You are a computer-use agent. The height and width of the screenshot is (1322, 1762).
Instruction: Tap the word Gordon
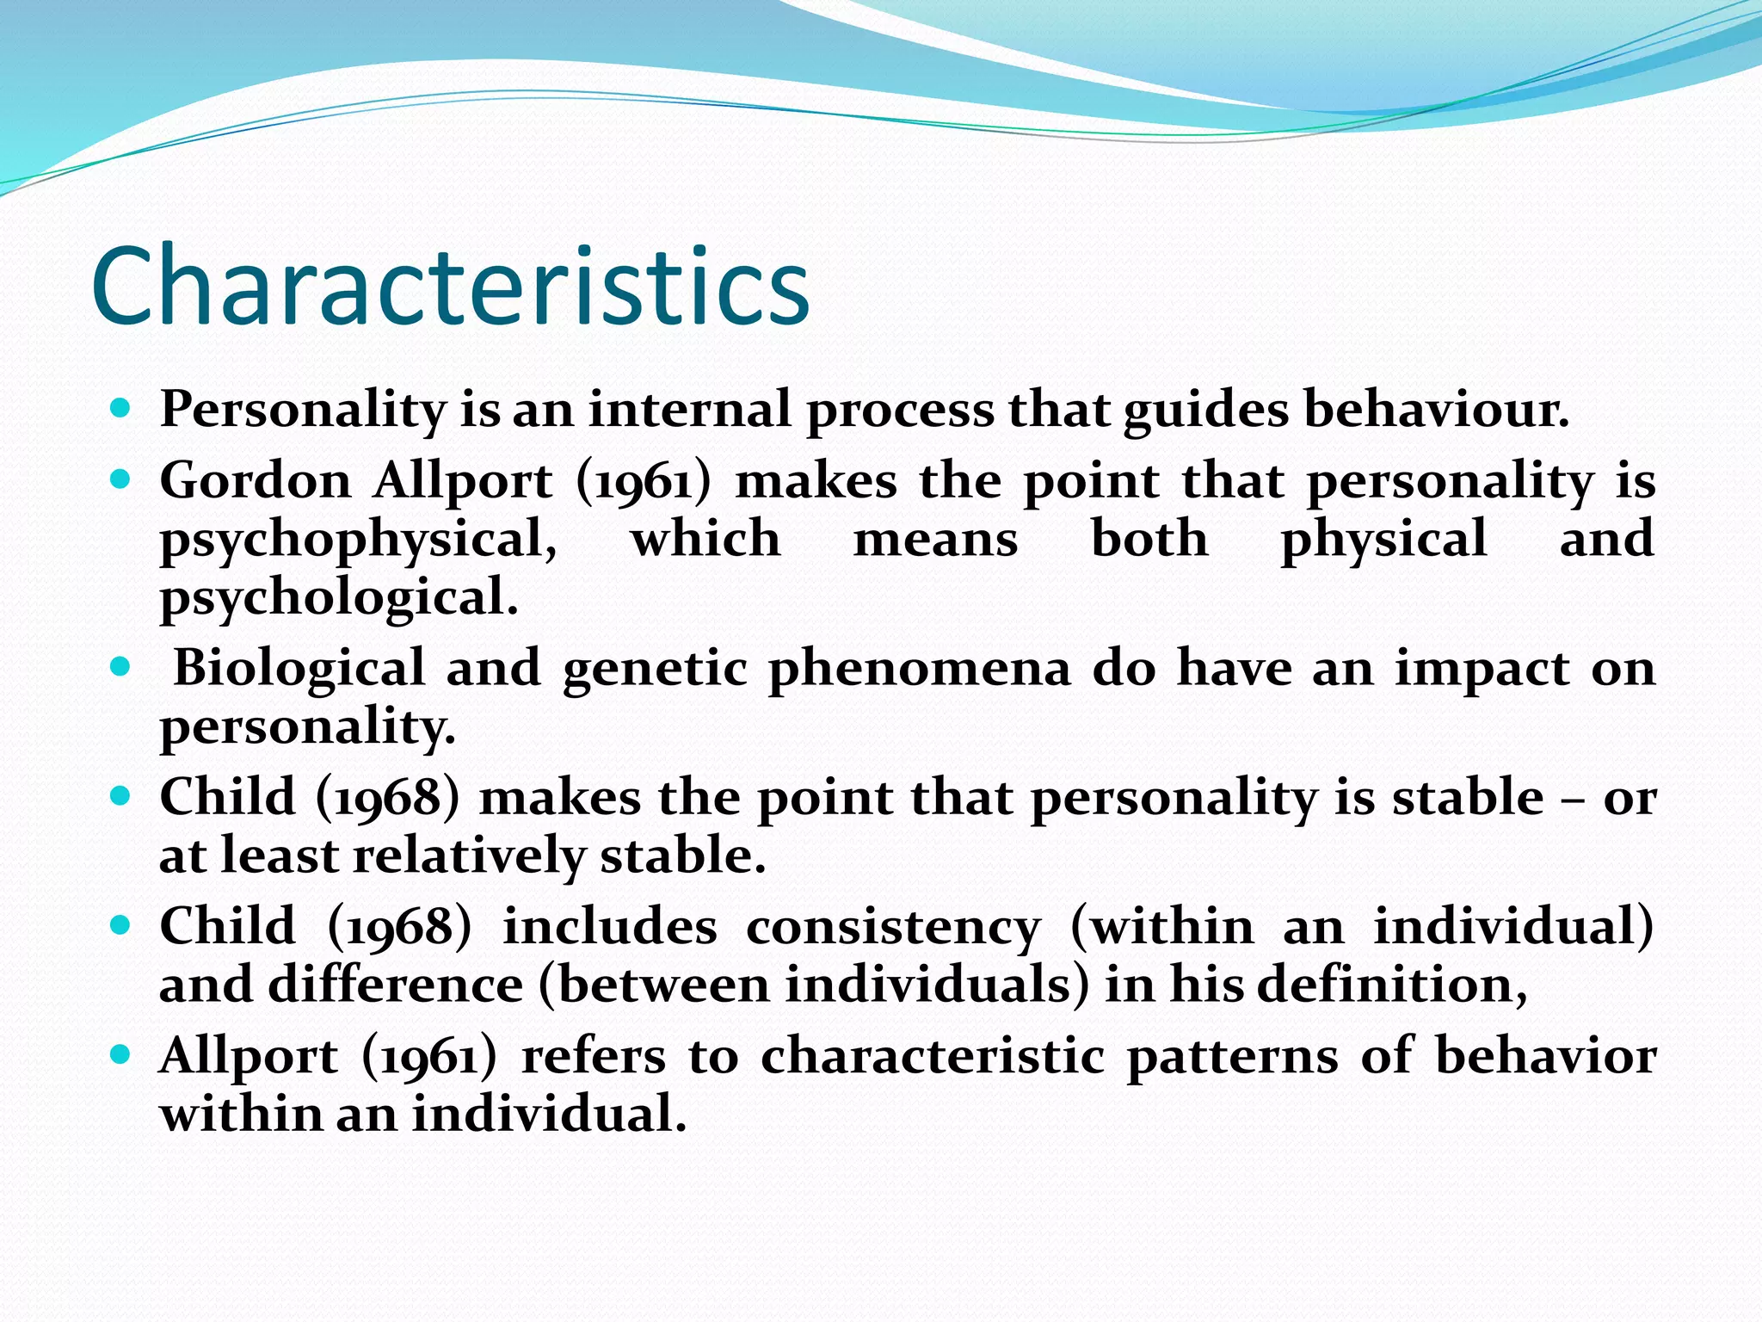pyautogui.click(x=256, y=480)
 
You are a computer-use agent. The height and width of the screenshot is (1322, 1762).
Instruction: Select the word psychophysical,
pyautogui.click(x=358, y=541)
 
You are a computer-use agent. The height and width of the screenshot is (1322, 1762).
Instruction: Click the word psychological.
pyautogui.click(x=339, y=597)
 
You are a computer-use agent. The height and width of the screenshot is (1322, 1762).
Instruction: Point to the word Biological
pyautogui.click(x=299, y=668)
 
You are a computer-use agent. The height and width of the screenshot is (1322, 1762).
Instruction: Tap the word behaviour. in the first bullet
pyautogui.click(x=1436, y=409)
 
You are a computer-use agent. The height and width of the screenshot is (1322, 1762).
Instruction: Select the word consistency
pyautogui.click(x=893, y=928)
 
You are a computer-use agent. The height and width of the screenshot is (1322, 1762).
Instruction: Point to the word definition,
pyautogui.click(x=1392, y=985)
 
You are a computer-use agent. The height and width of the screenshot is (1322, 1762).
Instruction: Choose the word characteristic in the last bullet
pyautogui.click(x=933, y=1056)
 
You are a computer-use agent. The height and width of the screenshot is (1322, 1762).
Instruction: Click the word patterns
pyautogui.click(x=1232, y=1056)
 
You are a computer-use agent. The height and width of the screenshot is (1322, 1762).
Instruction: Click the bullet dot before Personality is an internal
pyautogui.click(x=120, y=407)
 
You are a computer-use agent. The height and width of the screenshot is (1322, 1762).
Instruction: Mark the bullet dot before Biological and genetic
pyautogui.click(x=120, y=666)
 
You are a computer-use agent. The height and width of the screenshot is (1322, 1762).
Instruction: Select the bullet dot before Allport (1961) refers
pyautogui.click(x=120, y=1053)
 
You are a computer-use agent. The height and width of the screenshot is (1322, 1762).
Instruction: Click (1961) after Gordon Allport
pyautogui.click(x=644, y=482)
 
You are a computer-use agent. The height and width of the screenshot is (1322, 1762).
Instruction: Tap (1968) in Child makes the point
pyautogui.click(x=388, y=798)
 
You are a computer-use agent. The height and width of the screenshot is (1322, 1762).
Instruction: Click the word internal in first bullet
pyautogui.click(x=689, y=409)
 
